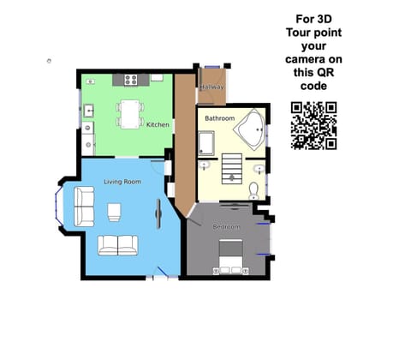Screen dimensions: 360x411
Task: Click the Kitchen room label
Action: coord(158,125)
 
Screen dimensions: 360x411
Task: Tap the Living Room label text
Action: coord(122,182)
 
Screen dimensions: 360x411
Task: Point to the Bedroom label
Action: coord(226,226)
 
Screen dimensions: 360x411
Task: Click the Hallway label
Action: coord(212,87)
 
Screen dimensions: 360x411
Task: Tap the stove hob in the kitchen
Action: coord(132,80)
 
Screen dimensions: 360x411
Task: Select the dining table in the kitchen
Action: coord(129,113)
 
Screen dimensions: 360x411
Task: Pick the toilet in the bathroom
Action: coord(254,190)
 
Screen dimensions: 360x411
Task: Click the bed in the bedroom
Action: coord(230,254)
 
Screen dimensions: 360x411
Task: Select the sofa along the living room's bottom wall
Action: coord(117,245)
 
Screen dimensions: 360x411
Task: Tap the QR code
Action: coord(313,125)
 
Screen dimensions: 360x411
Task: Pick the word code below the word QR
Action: coord(313,87)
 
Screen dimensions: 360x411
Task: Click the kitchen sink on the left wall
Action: coord(89,111)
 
